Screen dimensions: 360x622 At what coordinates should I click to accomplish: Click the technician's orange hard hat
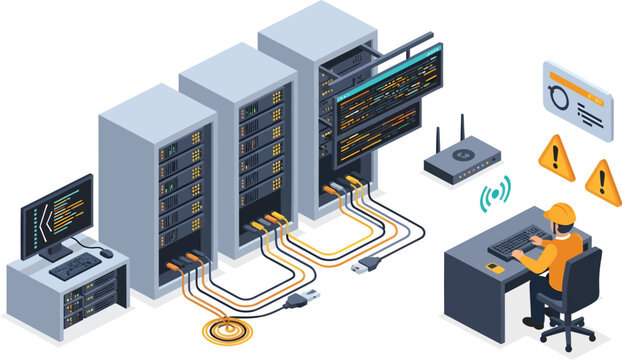tap(559, 213)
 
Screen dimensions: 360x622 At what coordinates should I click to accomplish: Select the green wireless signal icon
tap(494, 192)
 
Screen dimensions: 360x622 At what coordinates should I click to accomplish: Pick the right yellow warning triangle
tap(602, 180)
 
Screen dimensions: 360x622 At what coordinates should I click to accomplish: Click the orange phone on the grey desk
tap(494, 267)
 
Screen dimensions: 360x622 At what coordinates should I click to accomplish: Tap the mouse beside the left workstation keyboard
tap(106, 254)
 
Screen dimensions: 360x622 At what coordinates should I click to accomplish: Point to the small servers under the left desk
tap(88, 299)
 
